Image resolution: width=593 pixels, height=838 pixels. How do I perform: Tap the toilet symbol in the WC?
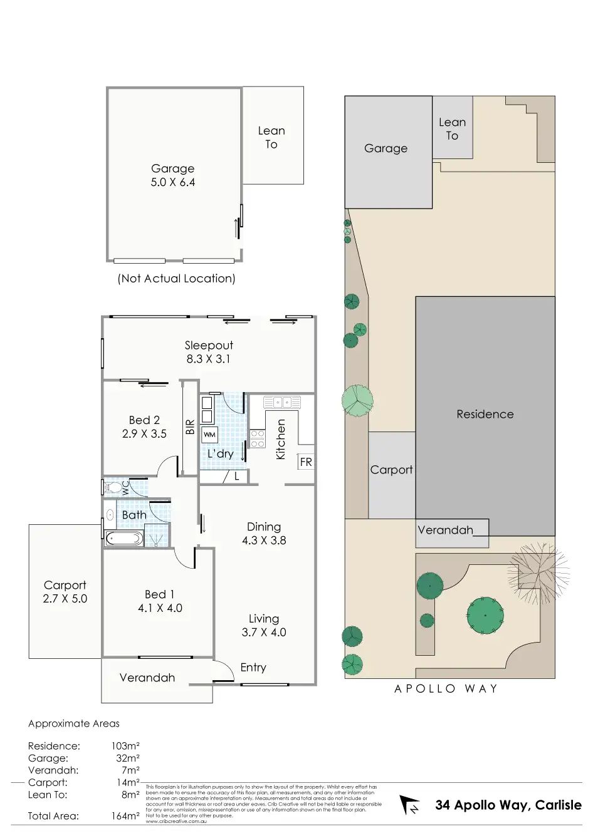(114, 487)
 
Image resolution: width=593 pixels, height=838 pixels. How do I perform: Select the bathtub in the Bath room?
(123, 538)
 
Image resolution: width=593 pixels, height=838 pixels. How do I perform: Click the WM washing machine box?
(209, 435)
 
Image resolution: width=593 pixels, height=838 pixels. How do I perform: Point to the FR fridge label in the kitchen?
(306, 462)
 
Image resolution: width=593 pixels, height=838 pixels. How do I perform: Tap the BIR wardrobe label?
(190, 427)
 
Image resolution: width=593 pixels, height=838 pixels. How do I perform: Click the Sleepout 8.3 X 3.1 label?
(208, 352)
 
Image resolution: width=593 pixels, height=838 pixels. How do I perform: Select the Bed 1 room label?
(160, 601)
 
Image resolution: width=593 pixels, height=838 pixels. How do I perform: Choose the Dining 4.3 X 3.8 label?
(264, 534)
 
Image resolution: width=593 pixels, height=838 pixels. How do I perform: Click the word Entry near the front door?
(253, 668)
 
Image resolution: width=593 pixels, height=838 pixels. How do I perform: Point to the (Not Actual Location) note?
(176, 279)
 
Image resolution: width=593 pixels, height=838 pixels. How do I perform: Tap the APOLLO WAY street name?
(446, 689)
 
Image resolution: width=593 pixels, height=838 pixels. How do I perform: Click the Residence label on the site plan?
(485, 414)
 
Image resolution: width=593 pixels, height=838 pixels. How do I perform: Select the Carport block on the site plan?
(392, 474)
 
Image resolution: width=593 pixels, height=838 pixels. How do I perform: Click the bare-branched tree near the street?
(538, 571)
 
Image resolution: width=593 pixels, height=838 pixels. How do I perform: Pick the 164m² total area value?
(125, 816)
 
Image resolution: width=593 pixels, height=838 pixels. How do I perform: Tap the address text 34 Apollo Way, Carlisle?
(508, 805)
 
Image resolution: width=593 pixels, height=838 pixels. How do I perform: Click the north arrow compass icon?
(410, 805)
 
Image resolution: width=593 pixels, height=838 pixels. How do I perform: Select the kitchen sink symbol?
(281, 402)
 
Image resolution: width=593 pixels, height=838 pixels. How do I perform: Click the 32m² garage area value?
(127, 758)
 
